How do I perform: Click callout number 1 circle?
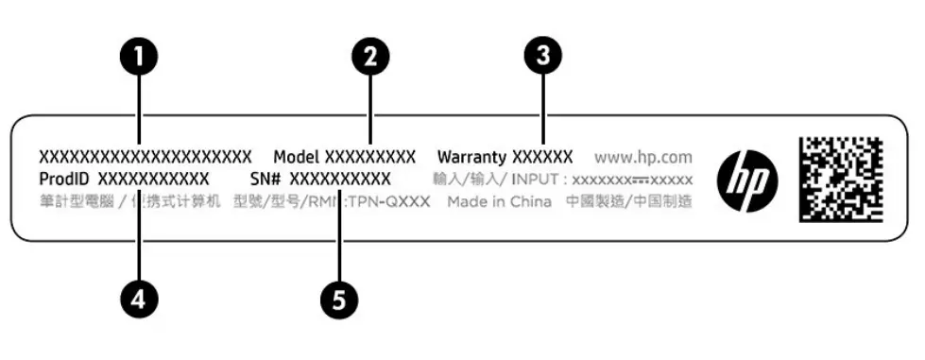pos(138,56)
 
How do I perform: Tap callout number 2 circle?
pos(370,56)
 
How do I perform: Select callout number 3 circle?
pos(542,56)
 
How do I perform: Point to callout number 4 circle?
pos(138,300)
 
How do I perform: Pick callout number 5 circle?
pos(339,300)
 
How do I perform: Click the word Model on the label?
pos(297,156)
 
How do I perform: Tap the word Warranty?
pos(471,156)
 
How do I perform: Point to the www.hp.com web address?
pos(643,157)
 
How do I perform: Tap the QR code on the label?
pos(840,179)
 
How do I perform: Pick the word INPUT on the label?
pos(540,179)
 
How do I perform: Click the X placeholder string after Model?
pos(370,156)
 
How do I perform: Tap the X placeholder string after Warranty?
pos(541,156)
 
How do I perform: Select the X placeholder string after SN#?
pos(339,179)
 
